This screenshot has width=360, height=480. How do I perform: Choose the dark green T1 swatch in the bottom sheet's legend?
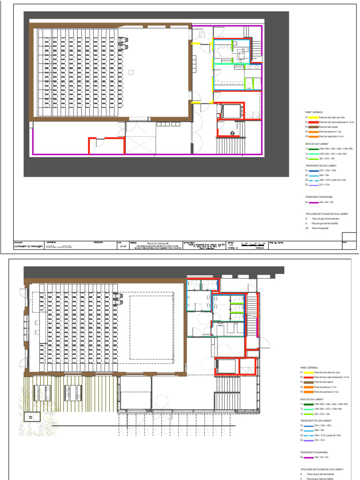point(310,404)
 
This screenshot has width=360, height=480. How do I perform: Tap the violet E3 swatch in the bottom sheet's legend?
point(310,441)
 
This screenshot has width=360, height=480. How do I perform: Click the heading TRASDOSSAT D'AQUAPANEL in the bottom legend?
point(316,452)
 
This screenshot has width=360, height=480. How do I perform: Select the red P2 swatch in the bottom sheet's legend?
point(310,377)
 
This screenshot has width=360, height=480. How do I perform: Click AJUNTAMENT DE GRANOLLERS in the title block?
point(29,247)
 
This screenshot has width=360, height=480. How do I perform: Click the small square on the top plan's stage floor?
point(131,72)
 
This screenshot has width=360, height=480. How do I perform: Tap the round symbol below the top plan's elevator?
point(232,133)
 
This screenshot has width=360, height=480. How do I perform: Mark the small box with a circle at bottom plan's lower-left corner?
point(31,416)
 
